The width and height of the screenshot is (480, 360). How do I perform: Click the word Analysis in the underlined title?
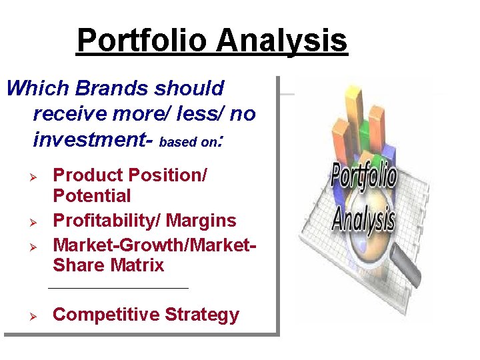point(282,41)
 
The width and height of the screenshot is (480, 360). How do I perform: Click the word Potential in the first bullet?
point(92,197)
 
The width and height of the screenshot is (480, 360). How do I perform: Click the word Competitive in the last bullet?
point(99,315)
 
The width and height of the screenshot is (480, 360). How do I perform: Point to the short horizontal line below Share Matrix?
point(119,289)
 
